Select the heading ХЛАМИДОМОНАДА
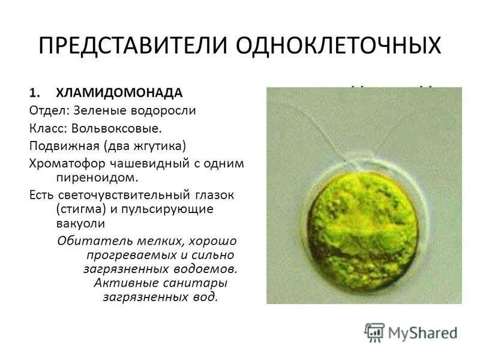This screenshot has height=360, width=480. [x=119, y=93]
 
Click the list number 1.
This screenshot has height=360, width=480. [x=34, y=93]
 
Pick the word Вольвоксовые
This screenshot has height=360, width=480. [x=116, y=128]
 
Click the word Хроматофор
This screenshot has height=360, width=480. [x=67, y=163]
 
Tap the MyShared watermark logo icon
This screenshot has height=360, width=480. [x=374, y=331]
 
